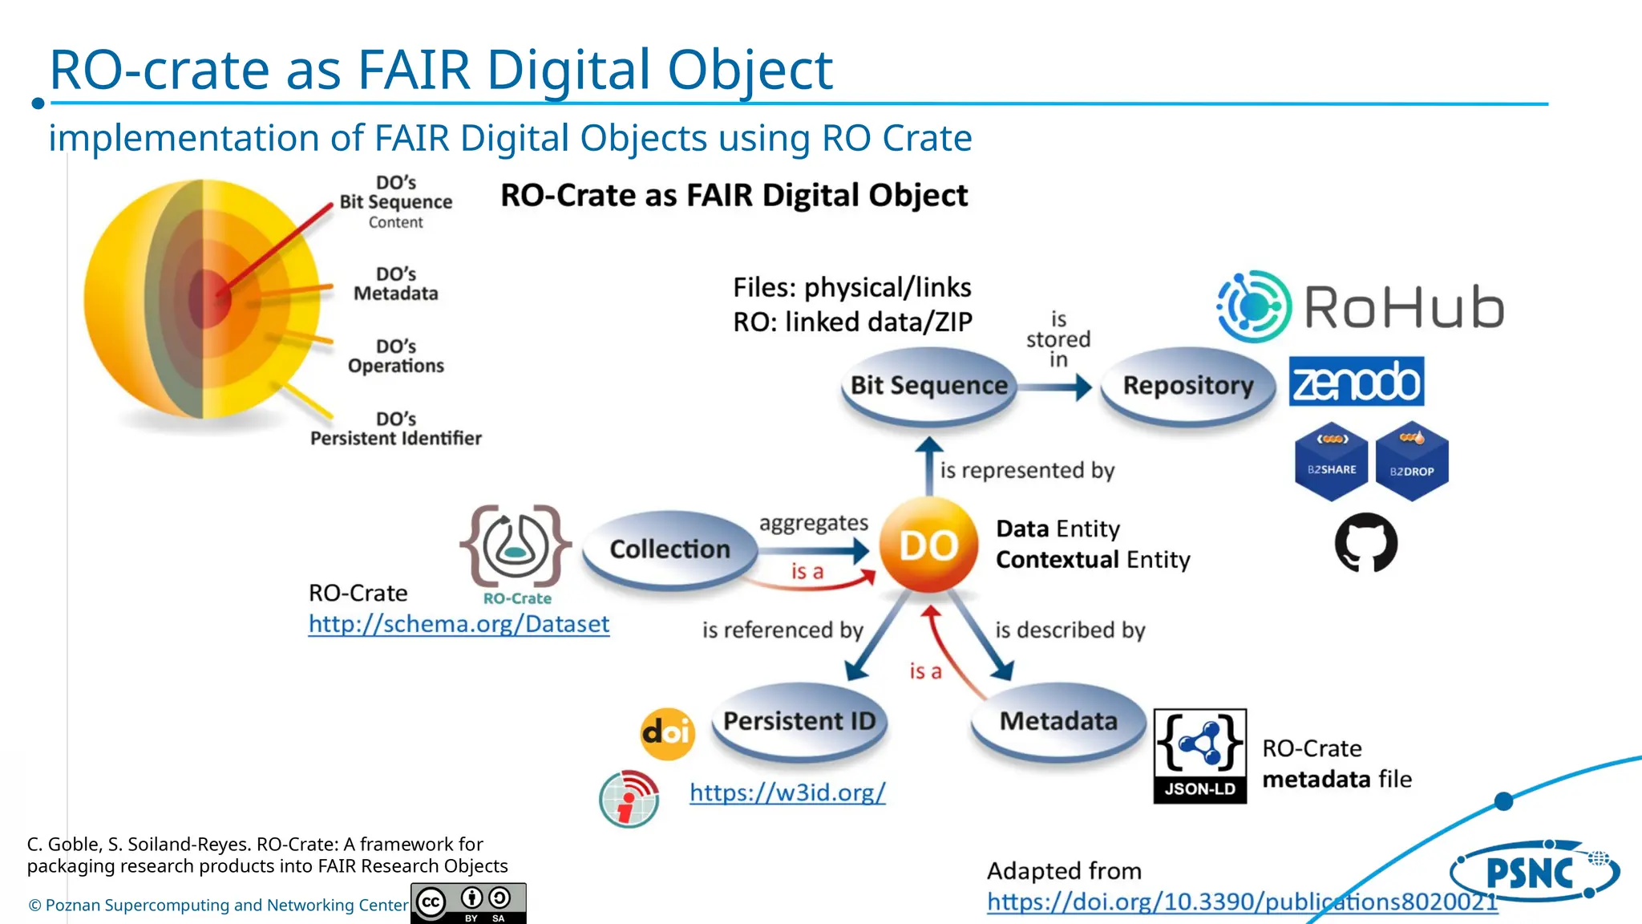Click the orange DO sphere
(x=928, y=545)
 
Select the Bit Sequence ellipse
(x=928, y=386)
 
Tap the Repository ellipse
(x=1187, y=386)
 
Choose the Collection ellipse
(x=669, y=549)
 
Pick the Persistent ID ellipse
(x=799, y=721)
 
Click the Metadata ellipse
(x=1058, y=721)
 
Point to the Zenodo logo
(x=1356, y=382)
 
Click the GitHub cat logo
(x=1366, y=543)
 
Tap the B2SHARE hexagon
(x=1332, y=462)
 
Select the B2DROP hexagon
(x=1411, y=462)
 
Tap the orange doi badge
(x=667, y=733)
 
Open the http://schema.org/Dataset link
(x=459, y=624)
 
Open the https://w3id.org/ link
(x=787, y=792)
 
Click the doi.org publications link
(x=1241, y=902)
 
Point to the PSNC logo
(x=1532, y=872)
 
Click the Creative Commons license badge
(x=468, y=903)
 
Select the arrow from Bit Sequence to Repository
(x=1055, y=387)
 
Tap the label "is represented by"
(x=1027, y=470)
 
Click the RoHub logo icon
(x=1254, y=306)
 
